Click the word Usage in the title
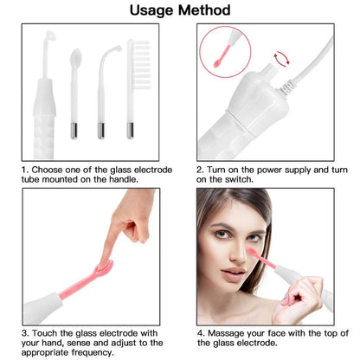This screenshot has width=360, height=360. click(x=152, y=11)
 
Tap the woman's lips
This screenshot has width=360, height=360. click(x=235, y=274)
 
